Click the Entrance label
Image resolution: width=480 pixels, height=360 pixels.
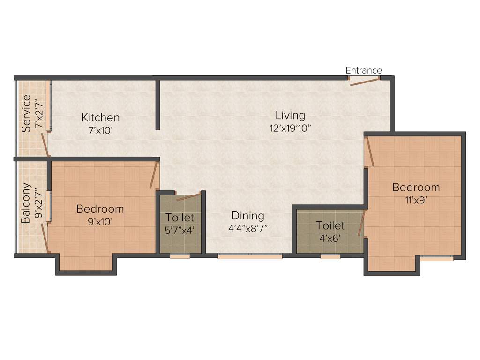pos(364,71)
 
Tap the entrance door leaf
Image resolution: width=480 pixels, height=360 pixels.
pos(365,82)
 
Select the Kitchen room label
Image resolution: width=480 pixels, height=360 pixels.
pos(100,118)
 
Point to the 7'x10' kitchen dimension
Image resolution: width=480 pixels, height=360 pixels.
pos(100,130)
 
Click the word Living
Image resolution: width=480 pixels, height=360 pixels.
pos(290,115)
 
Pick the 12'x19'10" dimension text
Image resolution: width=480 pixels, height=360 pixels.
pos(290,128)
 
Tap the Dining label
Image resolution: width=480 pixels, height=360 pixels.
pos(248,216)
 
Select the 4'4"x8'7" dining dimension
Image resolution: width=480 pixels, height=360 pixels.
pos(248,229)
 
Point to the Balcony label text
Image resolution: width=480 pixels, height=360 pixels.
pos(26,202)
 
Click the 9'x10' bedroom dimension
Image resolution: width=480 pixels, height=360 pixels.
pos(100,222)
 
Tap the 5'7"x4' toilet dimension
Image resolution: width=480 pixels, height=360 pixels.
pos(180,231)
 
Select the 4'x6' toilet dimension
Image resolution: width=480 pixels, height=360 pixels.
pos(330,238)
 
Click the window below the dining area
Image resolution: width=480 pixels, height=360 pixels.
pos(250,256)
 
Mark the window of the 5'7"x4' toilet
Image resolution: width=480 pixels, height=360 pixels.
pos(180,256)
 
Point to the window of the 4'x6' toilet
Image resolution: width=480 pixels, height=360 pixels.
pos(330,256)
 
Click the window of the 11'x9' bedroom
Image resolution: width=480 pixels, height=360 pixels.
pos(436,258)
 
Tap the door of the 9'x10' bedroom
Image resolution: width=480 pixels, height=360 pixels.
pos(153,176)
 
